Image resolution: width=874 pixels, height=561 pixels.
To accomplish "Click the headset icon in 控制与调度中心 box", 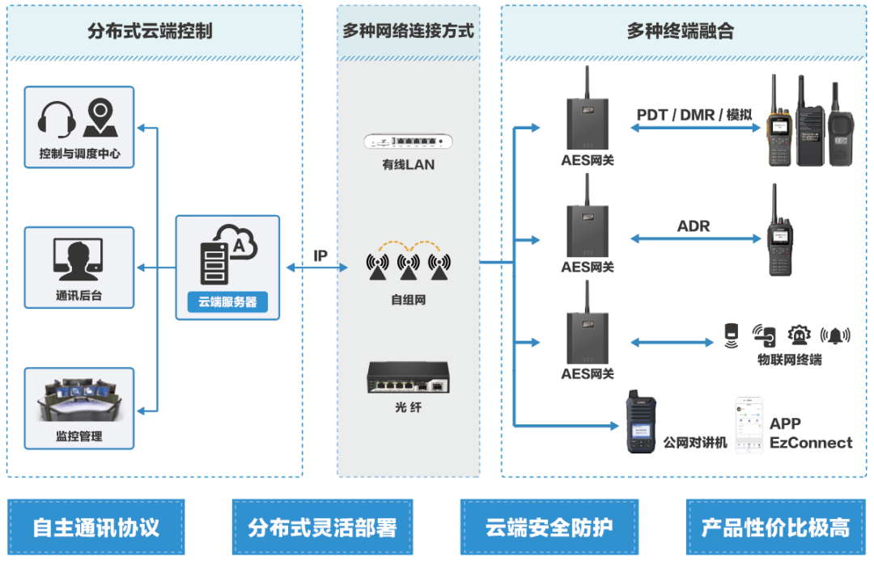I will click(x=57, y=120).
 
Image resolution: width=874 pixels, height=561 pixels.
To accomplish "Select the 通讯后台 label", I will click(x=78, y=296).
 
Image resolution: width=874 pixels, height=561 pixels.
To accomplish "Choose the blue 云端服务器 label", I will click(x=227, y=302).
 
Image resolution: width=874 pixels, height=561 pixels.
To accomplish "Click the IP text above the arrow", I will click(x=320, y=256).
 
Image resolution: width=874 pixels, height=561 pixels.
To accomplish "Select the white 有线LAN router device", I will click(x=408, y=141).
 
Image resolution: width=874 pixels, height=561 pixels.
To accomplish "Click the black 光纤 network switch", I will click(x=408, y=378).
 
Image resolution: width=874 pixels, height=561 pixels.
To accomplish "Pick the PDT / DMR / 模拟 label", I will click(x=694, y=115).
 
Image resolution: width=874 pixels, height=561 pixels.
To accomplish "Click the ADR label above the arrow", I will click(x=693, y=226).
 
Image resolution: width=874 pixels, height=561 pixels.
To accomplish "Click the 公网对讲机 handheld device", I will click(x=641, y=422).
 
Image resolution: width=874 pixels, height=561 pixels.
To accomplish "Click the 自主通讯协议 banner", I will click(x=95, y=528).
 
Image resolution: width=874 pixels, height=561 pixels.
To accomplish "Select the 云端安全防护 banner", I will click(x=549, y=528).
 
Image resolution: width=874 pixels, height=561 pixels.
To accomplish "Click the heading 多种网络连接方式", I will click(x=408, y=32).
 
